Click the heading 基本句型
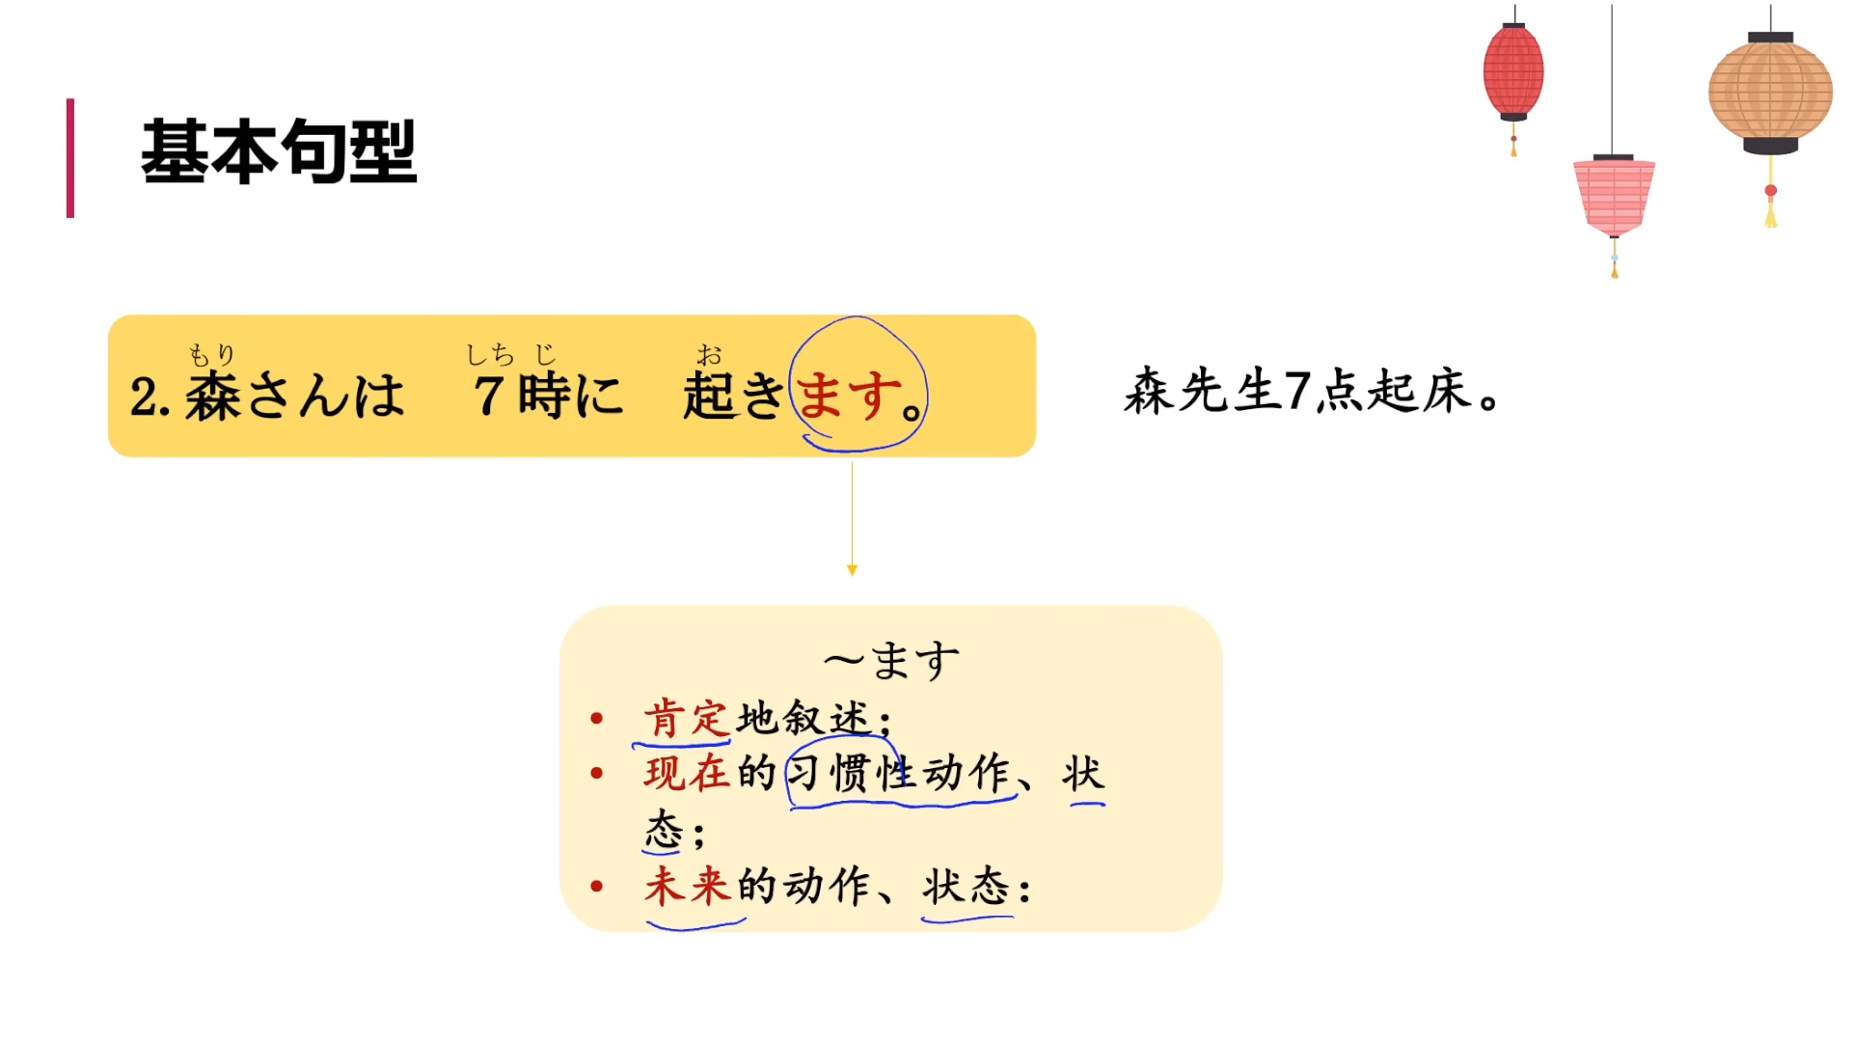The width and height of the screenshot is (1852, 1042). click(279, 151)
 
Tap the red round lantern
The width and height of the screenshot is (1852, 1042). click(1512, 72)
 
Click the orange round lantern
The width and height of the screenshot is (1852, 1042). click(1770, 92)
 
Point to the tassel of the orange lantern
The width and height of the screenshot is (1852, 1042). click(1771, 207)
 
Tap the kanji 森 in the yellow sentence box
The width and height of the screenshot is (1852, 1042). click(212, 397)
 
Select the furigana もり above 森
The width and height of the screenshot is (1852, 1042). click(211, 355)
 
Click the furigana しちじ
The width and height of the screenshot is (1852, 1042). click(510, 355)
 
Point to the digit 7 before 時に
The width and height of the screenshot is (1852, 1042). click(489, 396)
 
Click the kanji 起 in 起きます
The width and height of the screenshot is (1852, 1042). click(709, 397)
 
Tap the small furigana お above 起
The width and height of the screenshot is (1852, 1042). click(709, 355)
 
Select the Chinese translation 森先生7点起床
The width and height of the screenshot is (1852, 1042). click(1311, 392)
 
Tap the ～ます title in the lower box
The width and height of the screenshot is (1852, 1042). click(891, 662)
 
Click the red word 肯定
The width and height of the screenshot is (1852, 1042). click(685, 719)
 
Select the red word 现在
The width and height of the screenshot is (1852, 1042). click(686, 774)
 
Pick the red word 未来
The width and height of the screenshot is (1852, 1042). click(686, 887)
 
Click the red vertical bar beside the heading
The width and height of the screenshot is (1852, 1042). click(70, 157)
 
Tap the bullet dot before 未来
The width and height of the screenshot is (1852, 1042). click(597, 887)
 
